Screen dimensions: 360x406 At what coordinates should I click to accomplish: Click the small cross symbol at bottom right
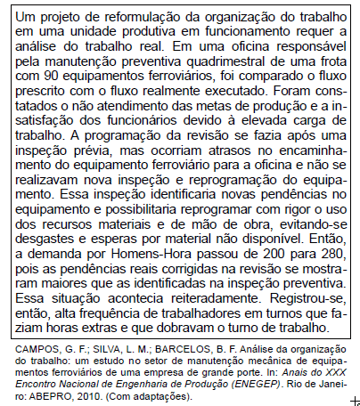click(355, 401)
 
